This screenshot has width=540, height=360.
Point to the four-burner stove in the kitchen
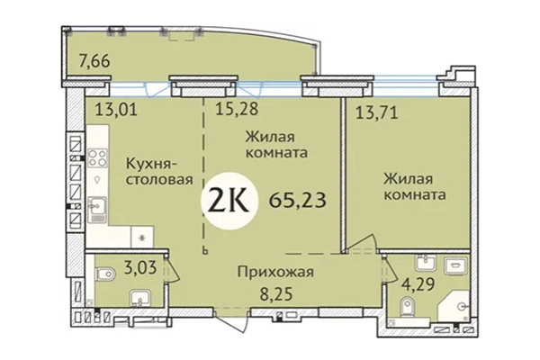click(x=96, y=161)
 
